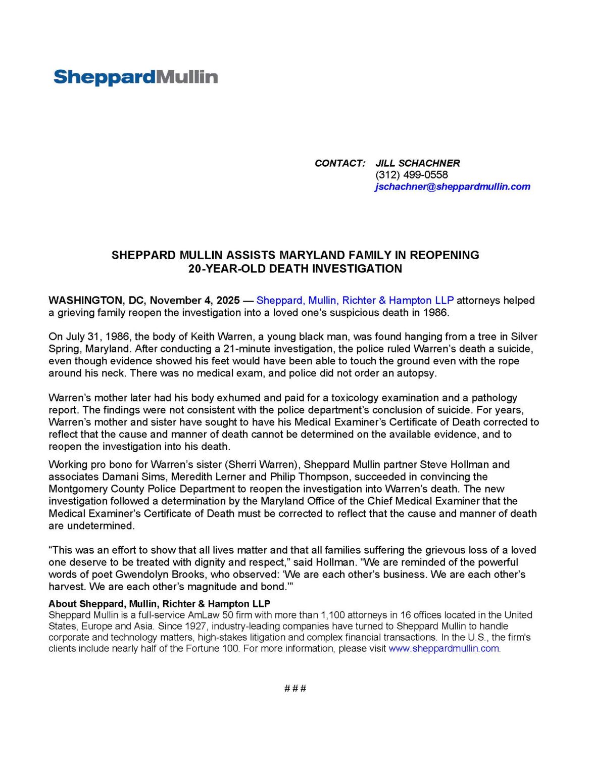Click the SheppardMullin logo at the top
135,77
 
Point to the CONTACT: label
339,163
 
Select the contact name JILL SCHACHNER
417,163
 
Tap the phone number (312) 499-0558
411,175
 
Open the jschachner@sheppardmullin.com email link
452,186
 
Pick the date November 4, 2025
194,301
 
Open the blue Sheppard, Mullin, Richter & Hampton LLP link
355,301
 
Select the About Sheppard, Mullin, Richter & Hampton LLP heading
159,604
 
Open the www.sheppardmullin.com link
444,648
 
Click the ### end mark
295,688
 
